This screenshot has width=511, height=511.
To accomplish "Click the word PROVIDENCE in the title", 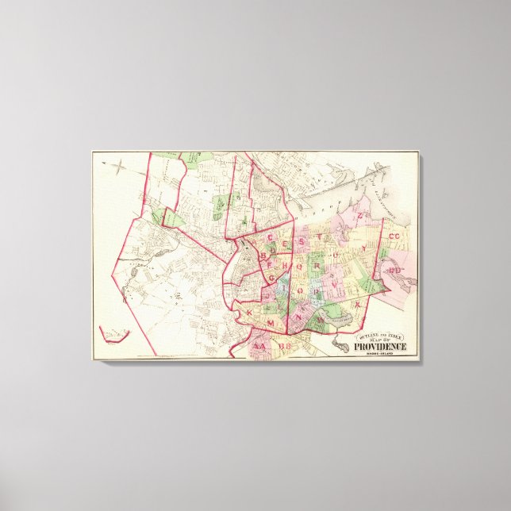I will point(380,346).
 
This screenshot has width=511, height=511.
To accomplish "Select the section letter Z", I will point(359,215).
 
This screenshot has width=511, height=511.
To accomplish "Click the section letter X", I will point(357,304).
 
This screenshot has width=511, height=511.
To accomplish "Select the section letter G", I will point(271,278).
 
